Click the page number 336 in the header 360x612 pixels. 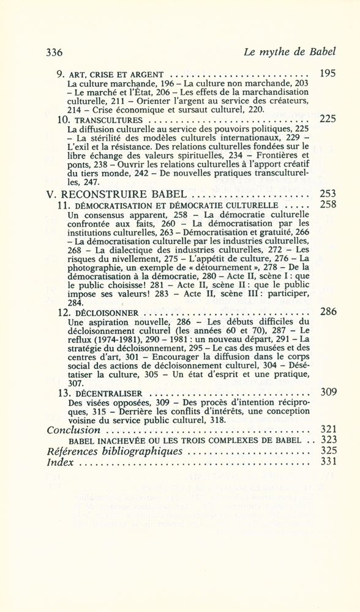pos(57,53)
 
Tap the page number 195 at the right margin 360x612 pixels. pos(328,74)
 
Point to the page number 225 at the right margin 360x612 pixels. pos(328,119)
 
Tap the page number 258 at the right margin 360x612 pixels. pos(328,206)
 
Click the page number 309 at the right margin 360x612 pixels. pos(328,392)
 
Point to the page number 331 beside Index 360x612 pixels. pos(328,463)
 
